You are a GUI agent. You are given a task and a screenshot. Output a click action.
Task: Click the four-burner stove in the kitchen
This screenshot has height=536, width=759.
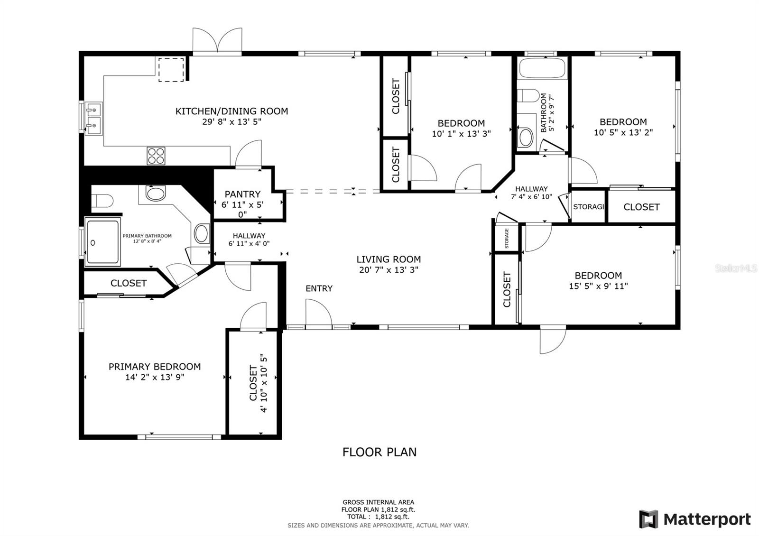(x=156, y=156)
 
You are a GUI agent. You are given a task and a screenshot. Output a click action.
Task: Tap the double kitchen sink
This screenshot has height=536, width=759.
(x=93, y=119)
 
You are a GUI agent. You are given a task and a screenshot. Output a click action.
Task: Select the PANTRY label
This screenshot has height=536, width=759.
(x=242, y=194)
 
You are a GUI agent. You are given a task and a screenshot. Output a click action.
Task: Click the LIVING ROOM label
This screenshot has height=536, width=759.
(x=389, y=259)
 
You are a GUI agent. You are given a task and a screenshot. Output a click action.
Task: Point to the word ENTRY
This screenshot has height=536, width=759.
(x=319, y=288)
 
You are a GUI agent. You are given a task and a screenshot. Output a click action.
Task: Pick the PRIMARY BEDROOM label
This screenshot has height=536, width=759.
(x=155, y=367)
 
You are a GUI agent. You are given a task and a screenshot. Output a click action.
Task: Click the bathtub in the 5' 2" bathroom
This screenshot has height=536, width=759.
(x=542, y=68)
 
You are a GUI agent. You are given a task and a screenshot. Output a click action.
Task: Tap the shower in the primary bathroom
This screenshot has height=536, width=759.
(x=102, y=241)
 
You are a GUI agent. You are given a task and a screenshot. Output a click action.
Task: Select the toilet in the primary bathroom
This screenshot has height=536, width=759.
(x=102, y=201)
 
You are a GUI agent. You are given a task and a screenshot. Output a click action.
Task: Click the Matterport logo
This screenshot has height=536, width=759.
(x=695, y=519)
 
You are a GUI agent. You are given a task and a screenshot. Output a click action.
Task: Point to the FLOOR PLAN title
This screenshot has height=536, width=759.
(x=379, y=452)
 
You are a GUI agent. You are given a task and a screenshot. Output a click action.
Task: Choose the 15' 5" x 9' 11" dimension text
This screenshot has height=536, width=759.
(x=598, y=286)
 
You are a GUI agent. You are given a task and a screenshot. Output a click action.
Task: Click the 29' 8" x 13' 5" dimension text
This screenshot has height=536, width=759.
(x=232, y=121)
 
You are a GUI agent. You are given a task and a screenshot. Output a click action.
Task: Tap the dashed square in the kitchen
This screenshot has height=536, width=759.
(x=171, y=69)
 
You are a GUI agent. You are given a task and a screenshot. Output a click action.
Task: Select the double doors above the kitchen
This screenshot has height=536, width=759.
(x=217, y=41)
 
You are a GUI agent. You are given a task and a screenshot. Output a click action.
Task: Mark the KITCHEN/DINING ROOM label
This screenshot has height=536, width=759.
(x=232, y=111)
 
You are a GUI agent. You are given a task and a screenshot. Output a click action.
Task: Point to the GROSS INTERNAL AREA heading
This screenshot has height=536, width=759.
(x=378, y=502)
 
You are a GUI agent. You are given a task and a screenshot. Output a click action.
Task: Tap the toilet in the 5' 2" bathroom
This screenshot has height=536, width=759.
(x=528, y=95)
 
